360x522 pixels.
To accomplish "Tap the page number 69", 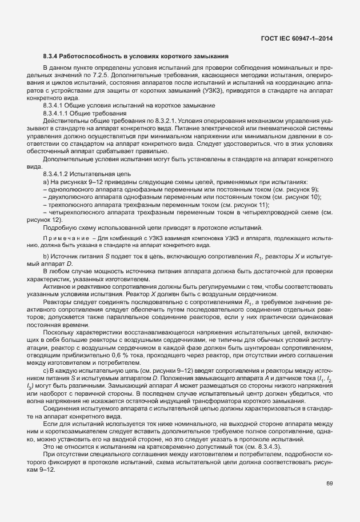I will coord(330,484).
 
